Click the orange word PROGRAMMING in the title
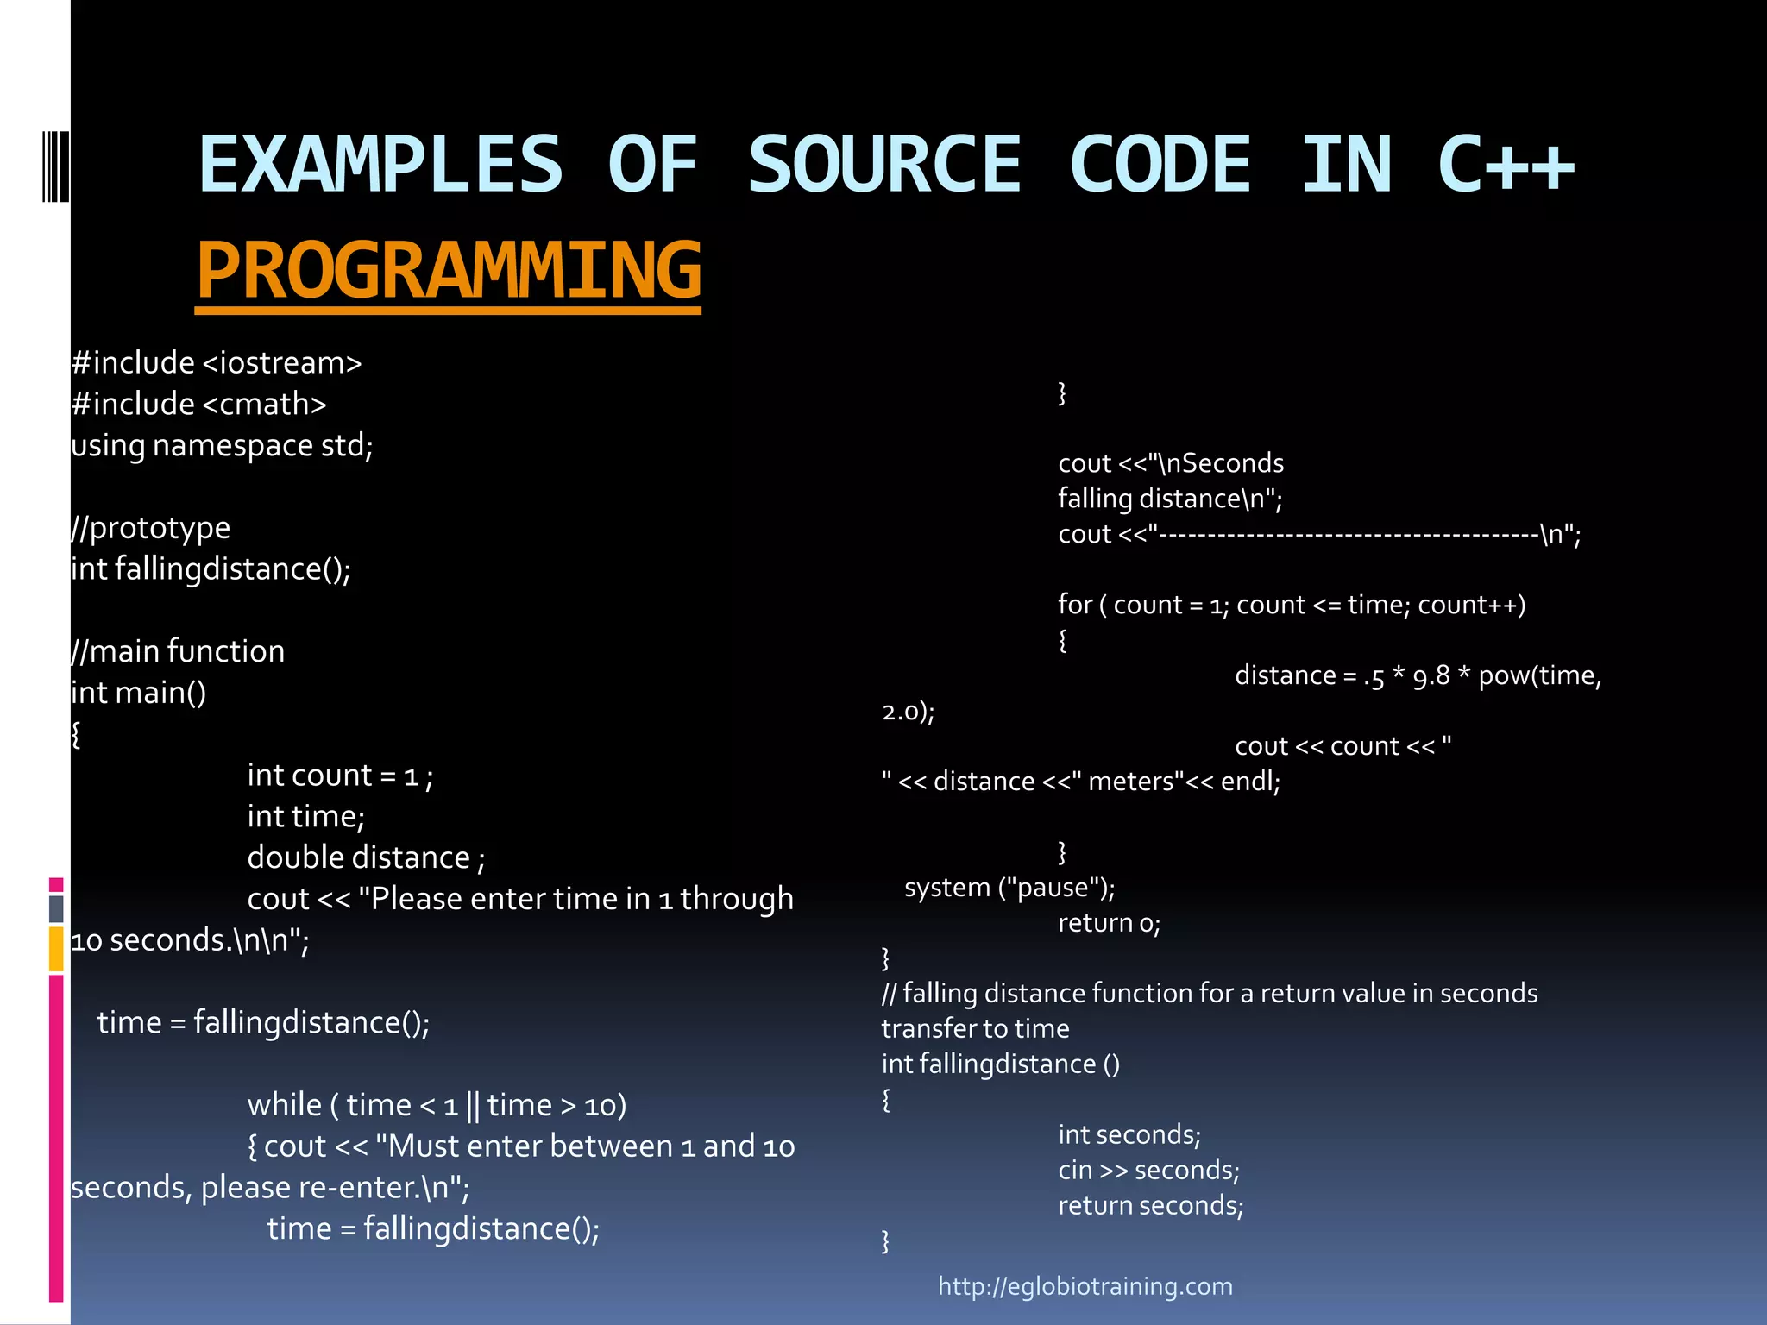click(x=449, y=270)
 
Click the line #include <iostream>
click(x=217, y=362)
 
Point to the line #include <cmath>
click(x=199, y=404)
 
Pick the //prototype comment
click(x=151, y=527)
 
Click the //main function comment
click(x=178, y=651)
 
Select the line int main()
click(x=139, y=692)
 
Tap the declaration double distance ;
click(x=366, y=857)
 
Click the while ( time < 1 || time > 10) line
click(x=437, y=1105)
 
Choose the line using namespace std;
click(x=222, y=445)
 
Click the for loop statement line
click(x=1292, y=605)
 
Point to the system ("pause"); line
click(x=1009, y=888)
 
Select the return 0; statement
click(x=1110, y=923)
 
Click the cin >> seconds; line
click(x=1148, y=1170)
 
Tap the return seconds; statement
click(x=1151, y=1205)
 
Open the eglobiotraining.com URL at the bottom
click(x=1085, y=1286)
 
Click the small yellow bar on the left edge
click(x=56, y=949)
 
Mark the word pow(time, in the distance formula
click(x=1539, y=675)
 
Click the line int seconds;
click(x=1129, y=1134)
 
